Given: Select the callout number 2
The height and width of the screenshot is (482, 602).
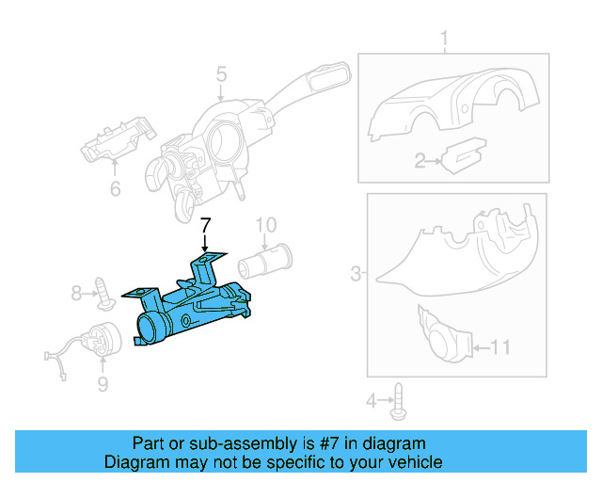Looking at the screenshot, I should pos(420,161).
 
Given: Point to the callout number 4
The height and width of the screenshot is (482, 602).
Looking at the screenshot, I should pos(371,402).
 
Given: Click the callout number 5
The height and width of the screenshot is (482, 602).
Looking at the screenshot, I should pos(221,74).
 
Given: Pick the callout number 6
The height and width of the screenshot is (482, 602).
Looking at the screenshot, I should pos(115,189).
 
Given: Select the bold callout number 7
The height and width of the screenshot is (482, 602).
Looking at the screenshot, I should pos(206,226).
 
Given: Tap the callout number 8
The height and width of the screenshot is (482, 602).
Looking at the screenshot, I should pos(77,294).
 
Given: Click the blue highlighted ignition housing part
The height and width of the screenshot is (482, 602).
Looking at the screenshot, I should pos(193,306).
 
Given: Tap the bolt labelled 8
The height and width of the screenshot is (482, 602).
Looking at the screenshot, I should pos(105,295).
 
